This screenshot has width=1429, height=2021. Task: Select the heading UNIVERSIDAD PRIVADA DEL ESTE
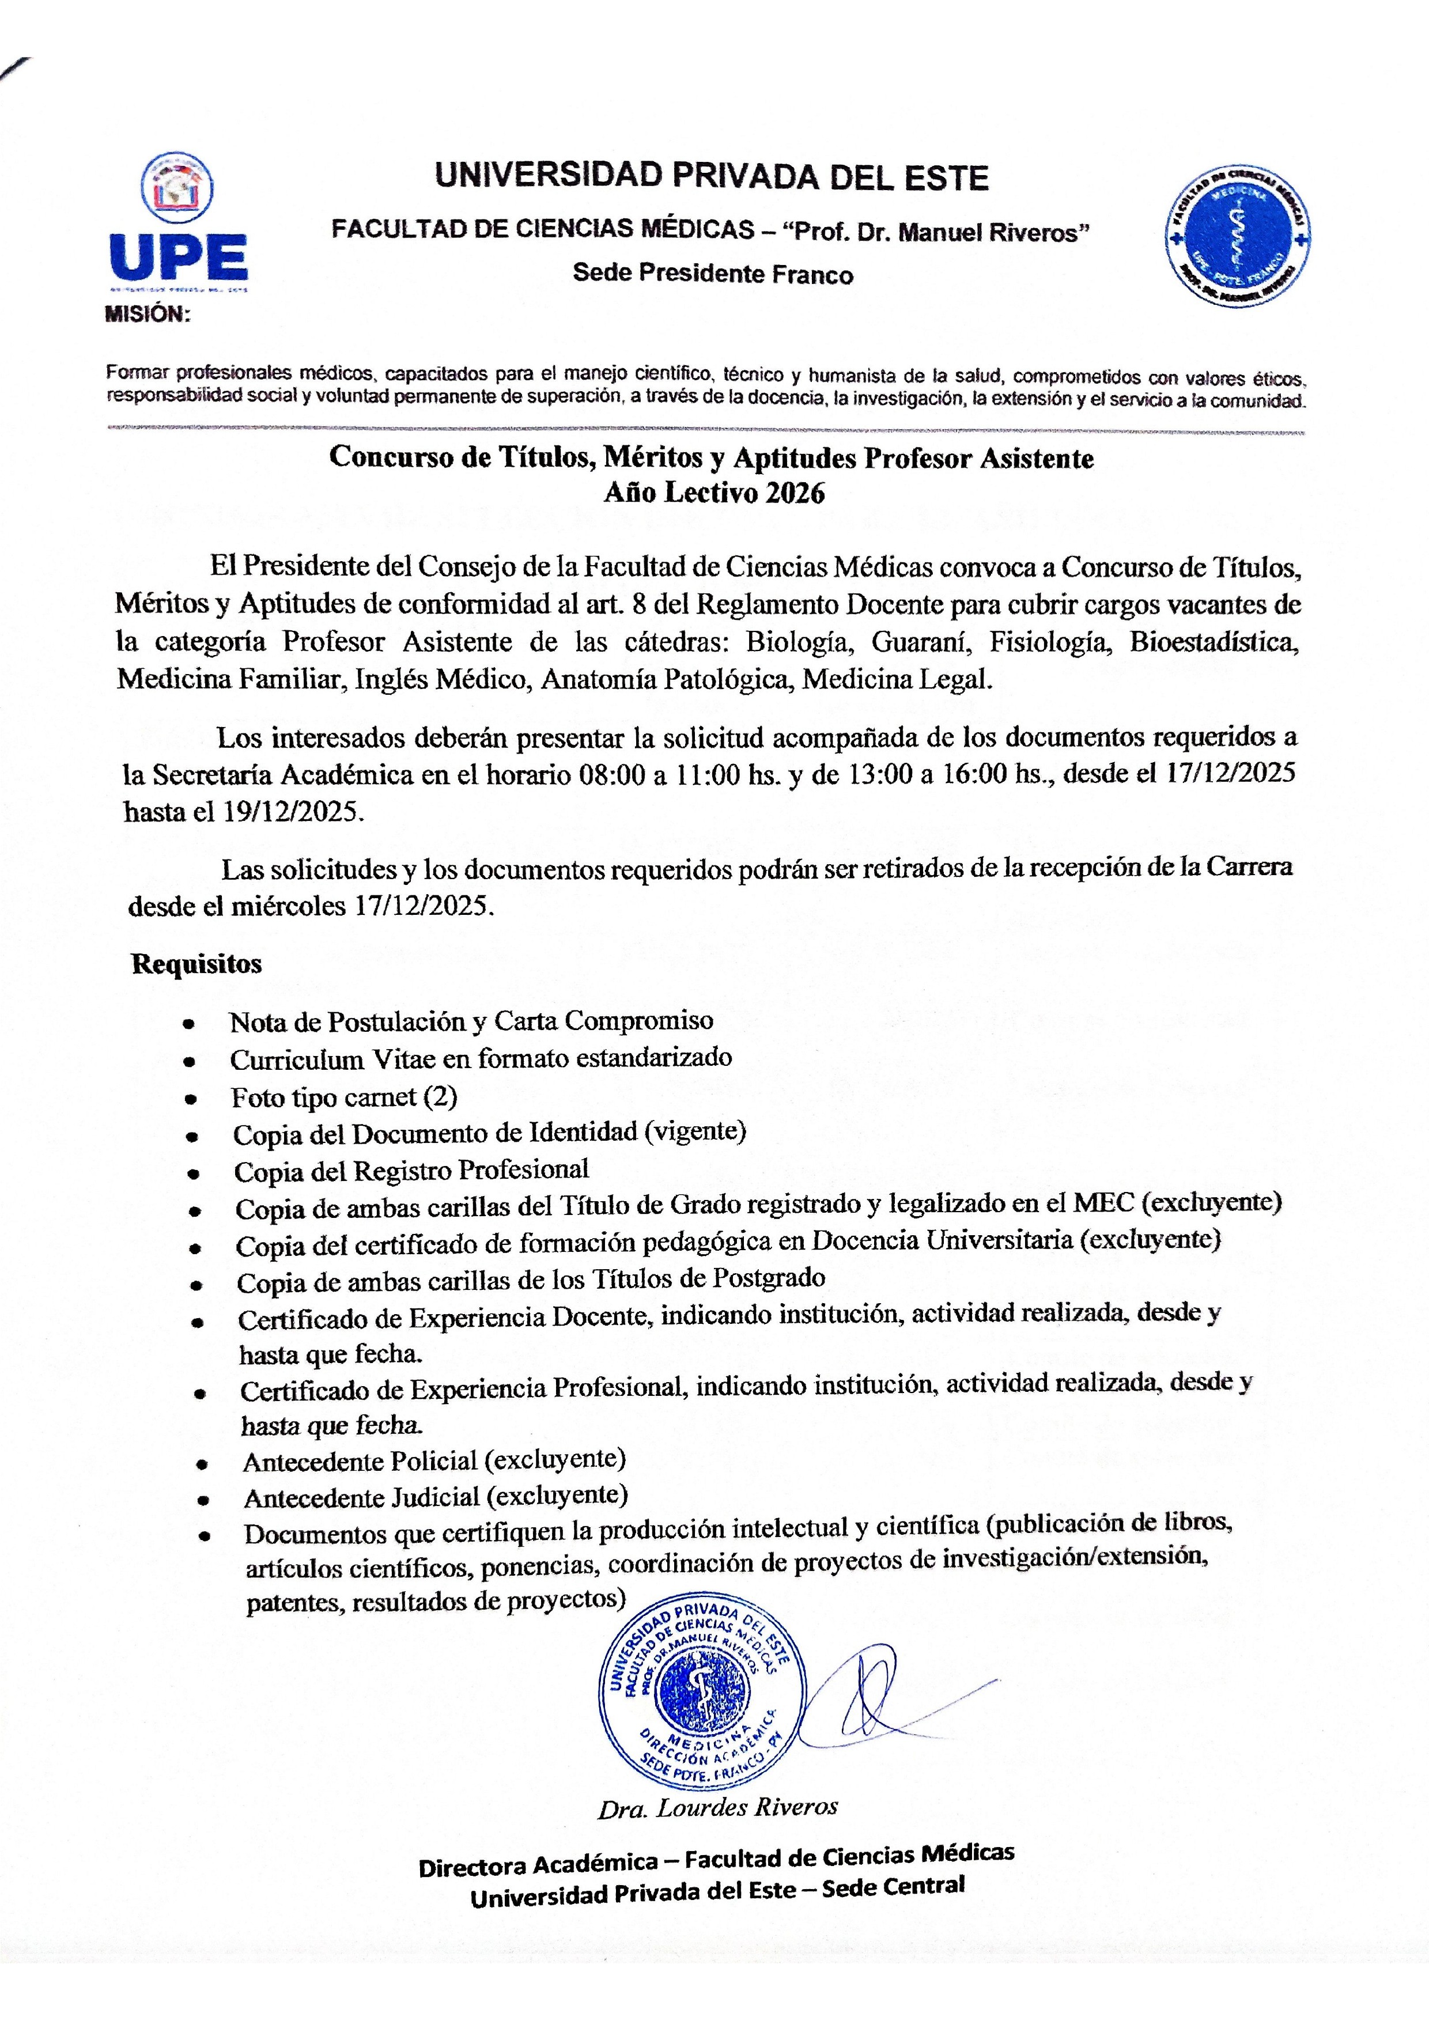[712, 178]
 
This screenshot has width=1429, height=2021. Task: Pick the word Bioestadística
[1214, 642]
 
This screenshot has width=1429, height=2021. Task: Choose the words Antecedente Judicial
[361, 1498]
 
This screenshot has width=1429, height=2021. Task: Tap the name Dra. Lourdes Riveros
[717, 1808]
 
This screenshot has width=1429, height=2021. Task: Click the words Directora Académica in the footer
[538, 1865]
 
